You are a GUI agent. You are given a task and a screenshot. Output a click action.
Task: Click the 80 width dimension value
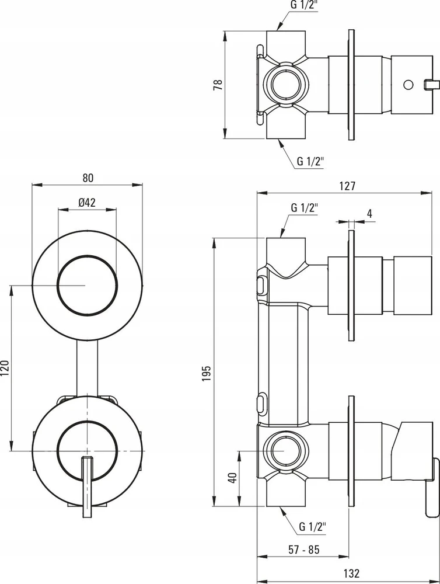point(88,178)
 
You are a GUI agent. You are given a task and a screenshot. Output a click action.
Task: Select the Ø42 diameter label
point(87,202)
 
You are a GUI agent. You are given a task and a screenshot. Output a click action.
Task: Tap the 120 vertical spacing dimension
point(5,368)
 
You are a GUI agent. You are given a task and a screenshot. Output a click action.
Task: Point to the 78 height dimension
point(218,85)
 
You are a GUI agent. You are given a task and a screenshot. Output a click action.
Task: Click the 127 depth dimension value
point(347,186)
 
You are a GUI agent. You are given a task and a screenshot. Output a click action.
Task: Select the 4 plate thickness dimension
point(369,213)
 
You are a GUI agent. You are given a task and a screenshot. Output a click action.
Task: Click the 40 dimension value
point(233,478)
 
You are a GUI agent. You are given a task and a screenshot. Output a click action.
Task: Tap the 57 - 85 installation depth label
point(304,550)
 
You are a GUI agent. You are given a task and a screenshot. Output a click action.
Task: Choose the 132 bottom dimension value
point(351,573)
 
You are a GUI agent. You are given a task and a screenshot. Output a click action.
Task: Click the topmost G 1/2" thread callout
point(305,5)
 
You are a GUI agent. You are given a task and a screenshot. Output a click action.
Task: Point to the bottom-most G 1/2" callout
point(313,527)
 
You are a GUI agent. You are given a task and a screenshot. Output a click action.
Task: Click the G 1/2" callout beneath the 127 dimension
point(305,207)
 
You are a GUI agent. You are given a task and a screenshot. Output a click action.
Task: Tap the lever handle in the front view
point(87,487)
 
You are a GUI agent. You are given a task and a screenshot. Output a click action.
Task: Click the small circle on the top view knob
point(408,85)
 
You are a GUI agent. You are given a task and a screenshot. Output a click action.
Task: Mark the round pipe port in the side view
point(285,451)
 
